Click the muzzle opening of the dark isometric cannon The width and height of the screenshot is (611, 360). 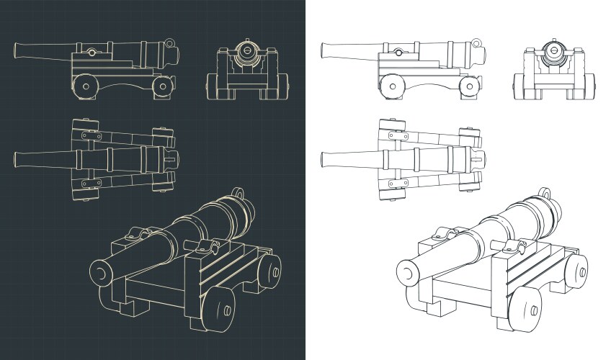(99, 271)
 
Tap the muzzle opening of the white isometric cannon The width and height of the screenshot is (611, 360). (408, 271)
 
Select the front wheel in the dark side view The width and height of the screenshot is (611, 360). (85, 85)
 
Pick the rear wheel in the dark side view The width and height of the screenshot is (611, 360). (163, 86)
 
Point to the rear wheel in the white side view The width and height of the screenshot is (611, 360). (470, 86)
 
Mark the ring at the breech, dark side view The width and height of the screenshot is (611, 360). (170, 43)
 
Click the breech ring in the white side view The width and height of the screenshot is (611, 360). (478, 43)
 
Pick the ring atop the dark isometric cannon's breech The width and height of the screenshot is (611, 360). (238, 193)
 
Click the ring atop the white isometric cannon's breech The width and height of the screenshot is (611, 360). (547, 193)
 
